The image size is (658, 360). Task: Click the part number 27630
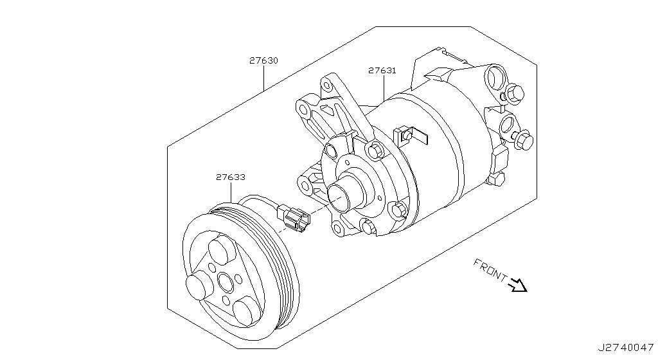[263, 61]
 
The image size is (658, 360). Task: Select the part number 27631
[382, 71]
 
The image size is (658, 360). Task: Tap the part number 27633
[230, 177]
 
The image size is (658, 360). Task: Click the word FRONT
[490, 269]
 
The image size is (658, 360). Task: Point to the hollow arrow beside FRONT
[517, 284]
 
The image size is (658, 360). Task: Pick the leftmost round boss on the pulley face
[197, 285]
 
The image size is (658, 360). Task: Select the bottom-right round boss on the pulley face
[245, 312]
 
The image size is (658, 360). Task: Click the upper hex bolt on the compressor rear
[512, 95]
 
